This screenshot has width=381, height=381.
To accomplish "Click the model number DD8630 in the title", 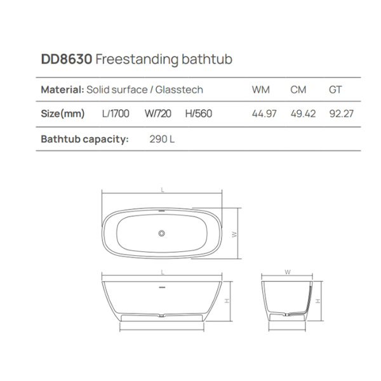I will tap(67, 60).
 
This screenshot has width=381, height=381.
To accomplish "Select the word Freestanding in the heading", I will tap(130, 60).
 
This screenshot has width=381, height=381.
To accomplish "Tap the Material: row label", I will tap(62, 90).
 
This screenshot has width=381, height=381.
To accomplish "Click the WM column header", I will tap(261, 90).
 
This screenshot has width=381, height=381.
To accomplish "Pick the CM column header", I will tap(298, 90).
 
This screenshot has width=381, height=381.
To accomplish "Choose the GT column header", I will tap(335, 90).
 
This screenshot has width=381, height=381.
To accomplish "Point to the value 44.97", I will tap(264, 114).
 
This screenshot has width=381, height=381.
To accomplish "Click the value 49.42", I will tap(303, 114).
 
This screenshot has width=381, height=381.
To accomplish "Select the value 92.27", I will tap(341, 114).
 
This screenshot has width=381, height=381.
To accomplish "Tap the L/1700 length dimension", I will tap(116, 114).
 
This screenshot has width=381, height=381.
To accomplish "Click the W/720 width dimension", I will tap(157, 114).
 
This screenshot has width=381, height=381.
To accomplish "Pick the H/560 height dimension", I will tap(198, 114).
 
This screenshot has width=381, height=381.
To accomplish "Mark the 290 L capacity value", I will tap(162, 138).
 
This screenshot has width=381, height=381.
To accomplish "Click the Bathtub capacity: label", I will tap(84, 138).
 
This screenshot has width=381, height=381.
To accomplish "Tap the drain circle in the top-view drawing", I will tap(161, 234).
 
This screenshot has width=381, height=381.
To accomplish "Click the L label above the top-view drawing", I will tap(163, 190).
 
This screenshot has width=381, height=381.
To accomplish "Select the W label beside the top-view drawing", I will tap(234, 234).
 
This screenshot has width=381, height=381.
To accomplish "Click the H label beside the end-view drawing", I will tap(318, 300).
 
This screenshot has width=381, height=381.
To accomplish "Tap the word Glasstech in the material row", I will tap(181, 90).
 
